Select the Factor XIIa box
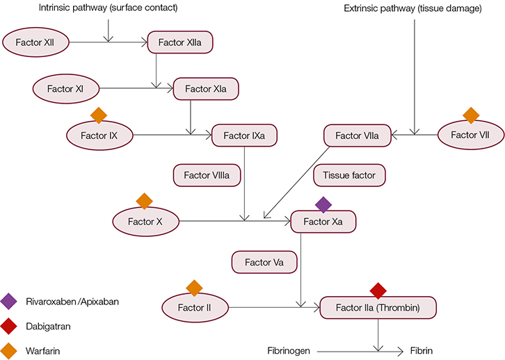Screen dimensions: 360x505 (x=180, y=43)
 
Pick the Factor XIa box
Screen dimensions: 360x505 (x=206, y=89)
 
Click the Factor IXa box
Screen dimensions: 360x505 (x=244, y=135)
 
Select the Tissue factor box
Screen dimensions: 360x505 (x=348, y=175)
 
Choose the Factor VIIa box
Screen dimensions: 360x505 (x=357, y=136)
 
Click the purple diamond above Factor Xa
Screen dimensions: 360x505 (x=323, y=204)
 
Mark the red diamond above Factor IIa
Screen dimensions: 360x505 (x=378, y=290)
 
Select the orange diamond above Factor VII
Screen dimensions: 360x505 (x=471, y=115)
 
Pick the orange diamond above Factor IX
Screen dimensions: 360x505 (x=99, y=115)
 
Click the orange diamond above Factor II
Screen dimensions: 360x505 (x=194, y=287)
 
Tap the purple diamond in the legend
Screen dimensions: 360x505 (x=10, y=302)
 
